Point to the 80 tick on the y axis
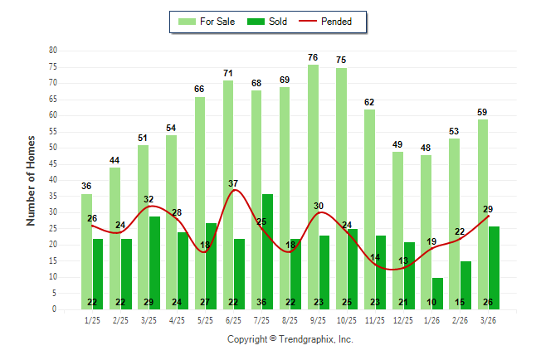coord(52,51)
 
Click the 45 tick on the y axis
coord(52,164)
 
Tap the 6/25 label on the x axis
coord(233,319)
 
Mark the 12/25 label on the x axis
coord(403,319)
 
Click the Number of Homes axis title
coord(32,180)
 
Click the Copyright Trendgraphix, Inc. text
coord(290,339)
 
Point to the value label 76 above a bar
coord(313,57)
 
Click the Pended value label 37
coord(233,182)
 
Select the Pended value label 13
coord(403,261)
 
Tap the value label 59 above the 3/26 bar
coord(483,112)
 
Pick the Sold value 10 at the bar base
coord(437,302)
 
